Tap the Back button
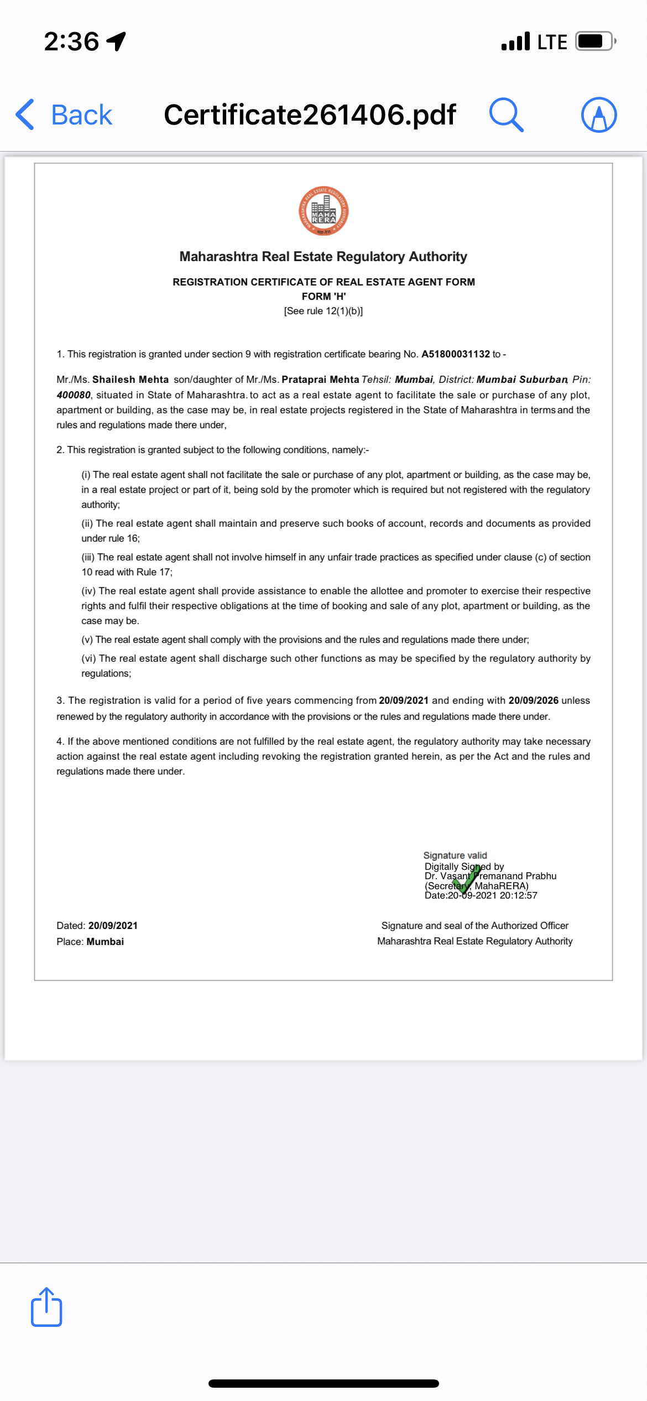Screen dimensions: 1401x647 [x=64, y=115]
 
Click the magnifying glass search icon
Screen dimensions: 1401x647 [x=506, y=115]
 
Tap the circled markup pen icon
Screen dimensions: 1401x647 [x=599, y=115]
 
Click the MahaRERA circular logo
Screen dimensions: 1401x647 [x=323, y=211]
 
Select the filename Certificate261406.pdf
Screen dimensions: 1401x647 [x=310, y=115]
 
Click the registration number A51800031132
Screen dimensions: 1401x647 [x=456, y=354]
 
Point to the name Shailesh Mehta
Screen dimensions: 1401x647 [x=131, y=380]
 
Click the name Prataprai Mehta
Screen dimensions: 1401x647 [x=320, y=380]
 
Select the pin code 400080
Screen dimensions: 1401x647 [x=74, y=395]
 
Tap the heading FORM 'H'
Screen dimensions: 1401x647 [x=323, y=297]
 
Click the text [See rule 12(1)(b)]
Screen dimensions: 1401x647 [x=323, y=311]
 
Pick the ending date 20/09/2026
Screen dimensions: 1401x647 [x=533, y=700]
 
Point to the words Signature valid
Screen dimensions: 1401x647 [x=455, y=855]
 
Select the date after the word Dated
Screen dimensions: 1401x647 [x=113, y=926]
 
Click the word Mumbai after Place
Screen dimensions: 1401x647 [x=105, y=942]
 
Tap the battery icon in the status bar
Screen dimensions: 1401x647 [x=595, y=41]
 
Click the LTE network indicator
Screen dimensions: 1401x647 [x=552, y=42]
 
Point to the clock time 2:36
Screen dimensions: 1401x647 [x=72, y=42]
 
